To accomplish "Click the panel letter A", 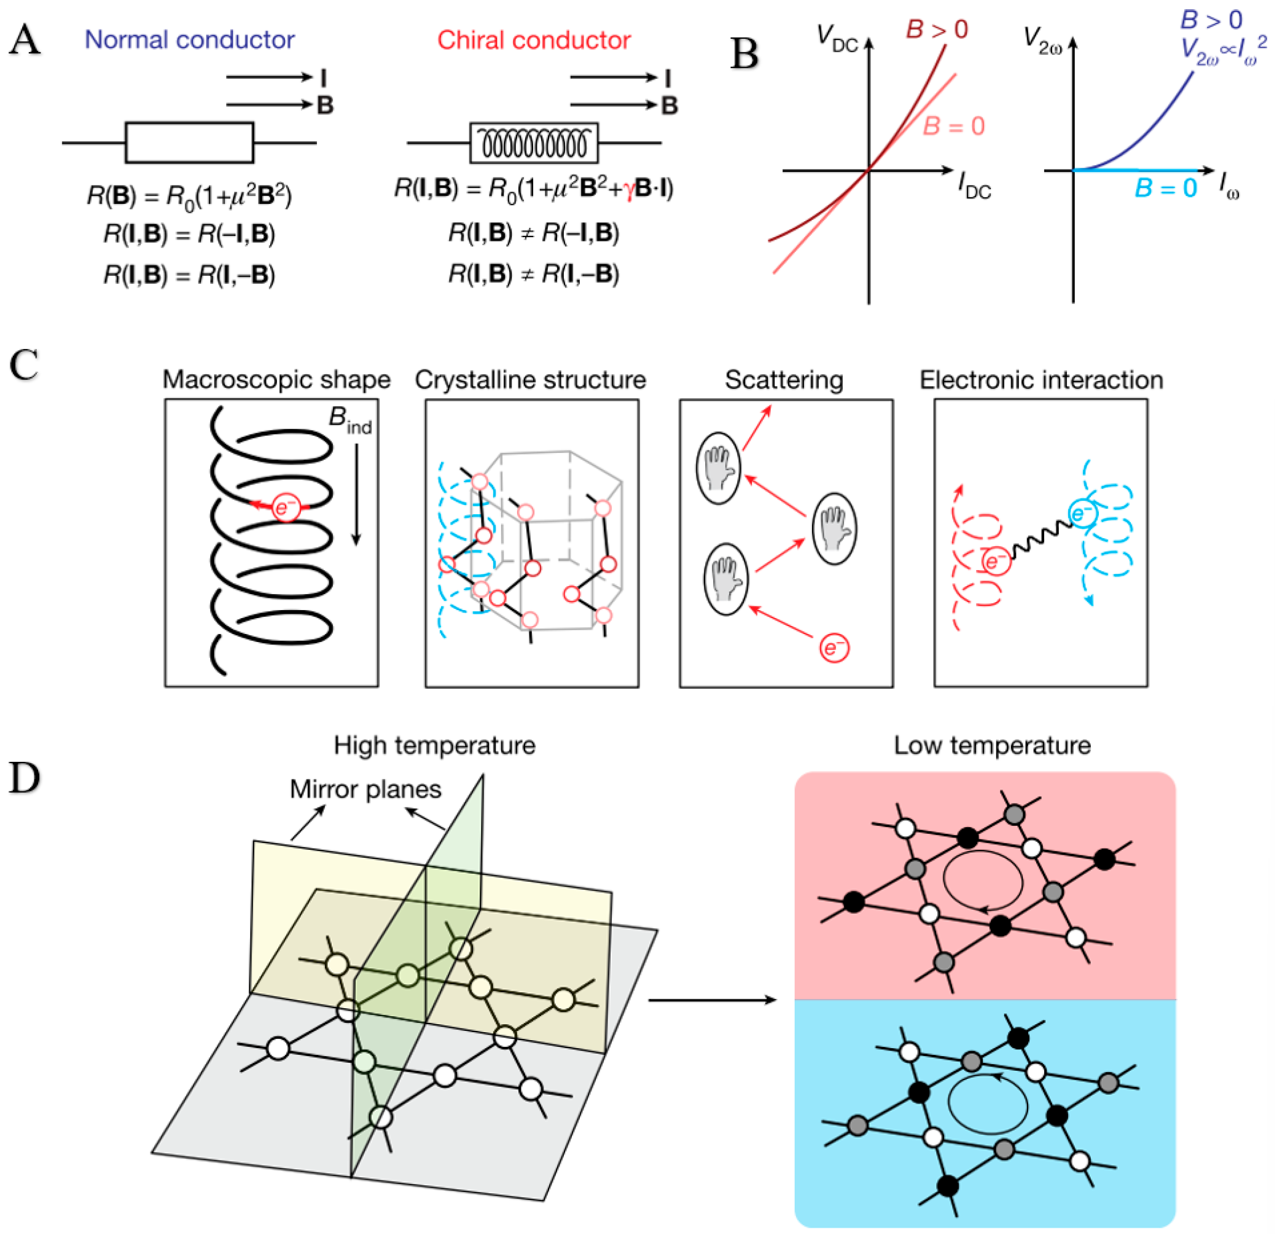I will click(24, 41).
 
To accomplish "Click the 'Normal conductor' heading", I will click(190, 41).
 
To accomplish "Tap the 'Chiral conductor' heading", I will click(534, 41).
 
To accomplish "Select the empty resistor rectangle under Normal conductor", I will click(189, 142).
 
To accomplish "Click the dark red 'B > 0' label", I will click(937, 29).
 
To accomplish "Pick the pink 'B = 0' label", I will click(953, 126).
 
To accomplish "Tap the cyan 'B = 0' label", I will click(1166, 188).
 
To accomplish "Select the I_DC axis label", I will click(974, 187).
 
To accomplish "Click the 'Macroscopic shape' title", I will click(276, 380).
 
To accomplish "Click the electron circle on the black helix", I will click(286, 506).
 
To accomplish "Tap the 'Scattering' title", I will click(784, 380).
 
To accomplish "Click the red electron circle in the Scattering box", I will click(834, 648).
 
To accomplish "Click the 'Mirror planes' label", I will click(365, 789).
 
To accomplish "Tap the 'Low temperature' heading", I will click(991, 745).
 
